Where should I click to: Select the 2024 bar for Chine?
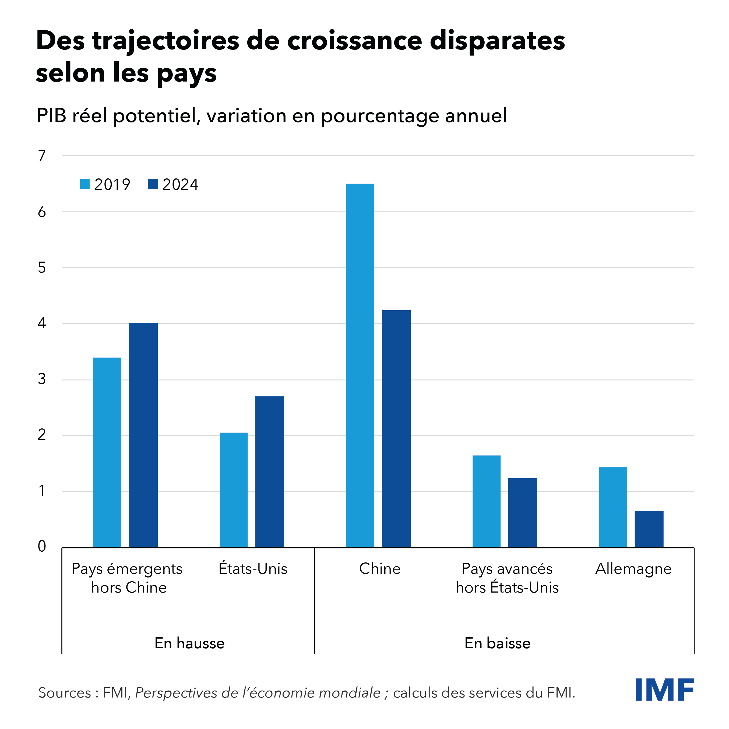(x=396, y=429)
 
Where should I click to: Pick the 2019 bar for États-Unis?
(x=234, y=490)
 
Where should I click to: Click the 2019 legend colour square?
(x=85, y=184)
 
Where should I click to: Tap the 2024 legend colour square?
(x=153, y=184)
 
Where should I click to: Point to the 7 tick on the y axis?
(x=42, y=156)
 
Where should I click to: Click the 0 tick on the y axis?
(x=42, y=546)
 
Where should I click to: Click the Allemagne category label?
(x=633, y=569)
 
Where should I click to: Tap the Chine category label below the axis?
(x=380, y=568)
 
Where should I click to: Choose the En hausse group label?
(x=189, y=643)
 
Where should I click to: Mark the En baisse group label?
(x=497, y=643)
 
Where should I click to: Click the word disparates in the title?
(x=497, y=41)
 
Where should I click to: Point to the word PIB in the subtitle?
(x=52, y=115)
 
